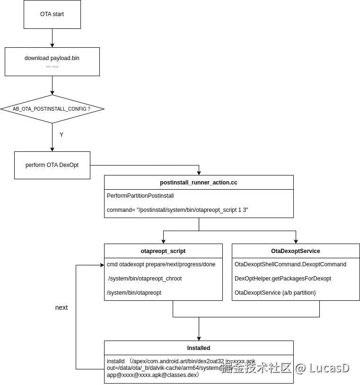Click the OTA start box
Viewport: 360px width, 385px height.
click(52, 14)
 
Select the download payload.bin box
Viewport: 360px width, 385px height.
click(52, 61)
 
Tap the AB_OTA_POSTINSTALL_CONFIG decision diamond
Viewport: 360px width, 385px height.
click(52, 109)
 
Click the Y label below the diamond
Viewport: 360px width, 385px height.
click(61, 135)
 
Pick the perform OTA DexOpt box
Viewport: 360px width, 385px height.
click(52, 165)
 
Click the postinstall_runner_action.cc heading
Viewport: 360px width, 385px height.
click(199, 183)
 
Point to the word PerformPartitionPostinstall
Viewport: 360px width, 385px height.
click(140, 196)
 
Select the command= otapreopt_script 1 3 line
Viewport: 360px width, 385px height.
click(177, 210)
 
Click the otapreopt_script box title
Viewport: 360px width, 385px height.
click(163, 251)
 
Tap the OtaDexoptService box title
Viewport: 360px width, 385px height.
click(296, 251)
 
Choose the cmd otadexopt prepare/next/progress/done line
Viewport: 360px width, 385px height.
click(161, 264)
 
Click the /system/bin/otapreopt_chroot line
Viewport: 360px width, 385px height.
click(145, 279)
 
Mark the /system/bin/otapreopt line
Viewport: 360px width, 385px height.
click(134, 293)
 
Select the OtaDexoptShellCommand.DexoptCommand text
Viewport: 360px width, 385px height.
click(290, 264)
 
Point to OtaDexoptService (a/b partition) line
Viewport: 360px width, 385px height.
click(275, 293)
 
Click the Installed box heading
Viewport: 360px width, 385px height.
click(199, 348)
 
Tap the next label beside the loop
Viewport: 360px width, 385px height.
click(61, 307)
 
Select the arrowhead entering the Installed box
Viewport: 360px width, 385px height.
click(199, 338)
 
